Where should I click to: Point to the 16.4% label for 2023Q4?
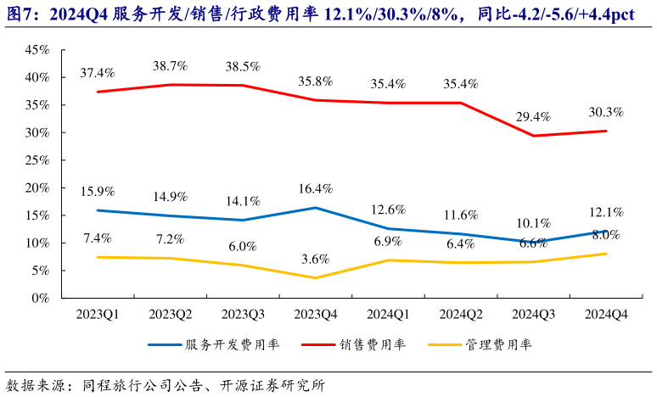316,188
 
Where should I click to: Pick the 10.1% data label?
534,224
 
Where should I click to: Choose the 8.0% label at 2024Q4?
604,235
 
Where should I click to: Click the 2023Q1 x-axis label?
98,315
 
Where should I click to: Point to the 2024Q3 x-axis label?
533,315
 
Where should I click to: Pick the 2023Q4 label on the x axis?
315,315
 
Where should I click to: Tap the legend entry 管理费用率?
491,345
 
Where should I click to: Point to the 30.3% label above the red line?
605,112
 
